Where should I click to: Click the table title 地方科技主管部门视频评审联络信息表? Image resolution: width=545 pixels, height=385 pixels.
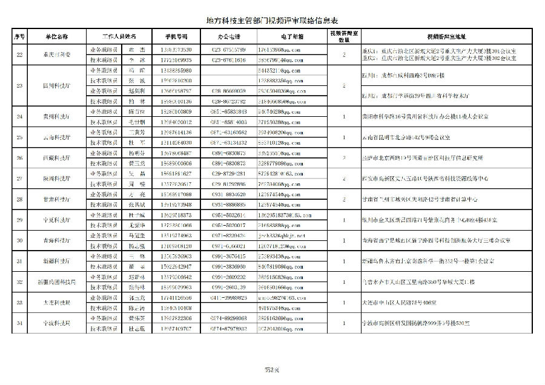click(x=272, y=19)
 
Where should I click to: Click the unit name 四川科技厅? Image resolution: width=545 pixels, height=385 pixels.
click(x=57, y=86)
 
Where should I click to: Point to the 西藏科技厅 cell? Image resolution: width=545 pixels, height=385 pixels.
click(x=57, y=158)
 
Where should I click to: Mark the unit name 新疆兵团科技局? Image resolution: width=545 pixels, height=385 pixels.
click(x=57, y=281)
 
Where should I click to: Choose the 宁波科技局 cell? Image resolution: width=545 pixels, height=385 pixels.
click(x=57, y=323)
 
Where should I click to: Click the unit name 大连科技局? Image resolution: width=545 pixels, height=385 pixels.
click(x=57, y=303)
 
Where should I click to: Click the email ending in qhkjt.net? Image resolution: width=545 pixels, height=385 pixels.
click(x=281, y=235)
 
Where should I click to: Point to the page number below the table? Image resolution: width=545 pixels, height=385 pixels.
click(x=272, y=369)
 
